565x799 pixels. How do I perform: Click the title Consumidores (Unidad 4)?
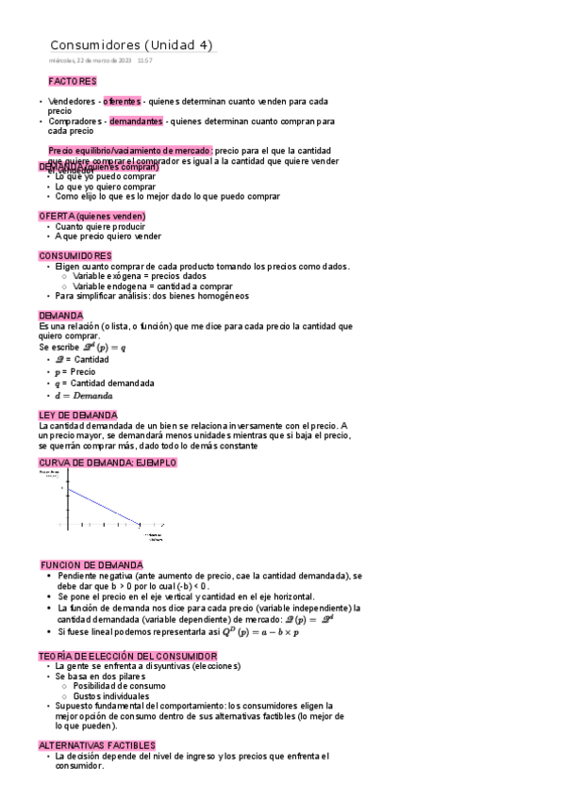[x=131, y=45]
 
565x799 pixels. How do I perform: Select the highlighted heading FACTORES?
[x=73, y=82]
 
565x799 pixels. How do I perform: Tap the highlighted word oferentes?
[x=122, y=102]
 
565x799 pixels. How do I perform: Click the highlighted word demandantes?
[x=136, y=122]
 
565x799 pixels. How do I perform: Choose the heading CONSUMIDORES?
[x=75, y=256]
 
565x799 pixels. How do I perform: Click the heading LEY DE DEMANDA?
[x=78, y=416]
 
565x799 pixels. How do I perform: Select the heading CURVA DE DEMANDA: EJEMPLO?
[x=108, y=464]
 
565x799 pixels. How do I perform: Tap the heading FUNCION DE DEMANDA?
[x=92, y=565]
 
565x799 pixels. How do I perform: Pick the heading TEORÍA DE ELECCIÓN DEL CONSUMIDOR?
[x=128, y=656]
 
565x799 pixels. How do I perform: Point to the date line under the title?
[x=100, y=60]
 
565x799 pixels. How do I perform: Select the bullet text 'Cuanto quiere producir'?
[x=100, y=227]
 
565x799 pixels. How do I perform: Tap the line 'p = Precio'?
[x=75, y=372]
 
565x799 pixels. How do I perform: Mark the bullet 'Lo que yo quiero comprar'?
[x=106, y=187]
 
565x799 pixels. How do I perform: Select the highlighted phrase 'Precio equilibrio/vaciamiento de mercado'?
[x=130, y=151]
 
